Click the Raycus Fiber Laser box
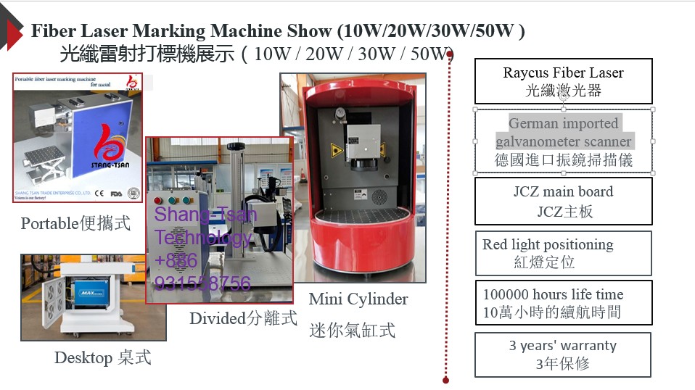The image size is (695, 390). (x=563, y=81)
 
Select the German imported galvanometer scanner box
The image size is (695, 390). (x=563, y=141)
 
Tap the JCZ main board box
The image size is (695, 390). (x=563, y=201)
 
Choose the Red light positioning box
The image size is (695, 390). (x=563, y=253)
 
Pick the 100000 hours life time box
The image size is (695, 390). (x=563, y=303)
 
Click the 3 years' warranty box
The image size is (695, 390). (x=563, y=354)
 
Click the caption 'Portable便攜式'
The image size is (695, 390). (x=76, y=223)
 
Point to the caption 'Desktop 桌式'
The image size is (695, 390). (x=102, y=357)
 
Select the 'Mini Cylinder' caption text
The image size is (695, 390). (x=358, y=299)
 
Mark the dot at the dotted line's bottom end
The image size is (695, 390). (x=445, y=379)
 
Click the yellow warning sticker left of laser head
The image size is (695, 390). (x=336, y=150)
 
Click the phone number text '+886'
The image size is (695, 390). (x=176, y=260)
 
